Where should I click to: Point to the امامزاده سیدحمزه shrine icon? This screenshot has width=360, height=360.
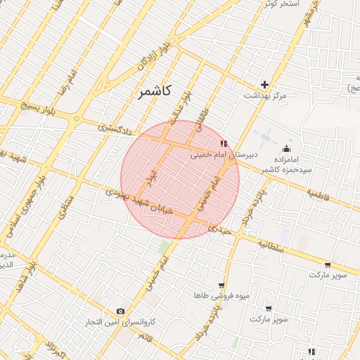(286, 149)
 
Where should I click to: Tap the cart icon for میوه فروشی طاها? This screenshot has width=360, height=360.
(221, 285)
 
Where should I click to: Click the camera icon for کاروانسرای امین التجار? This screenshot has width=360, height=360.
(120, 311)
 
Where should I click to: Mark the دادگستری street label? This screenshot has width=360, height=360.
(112, 129)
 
